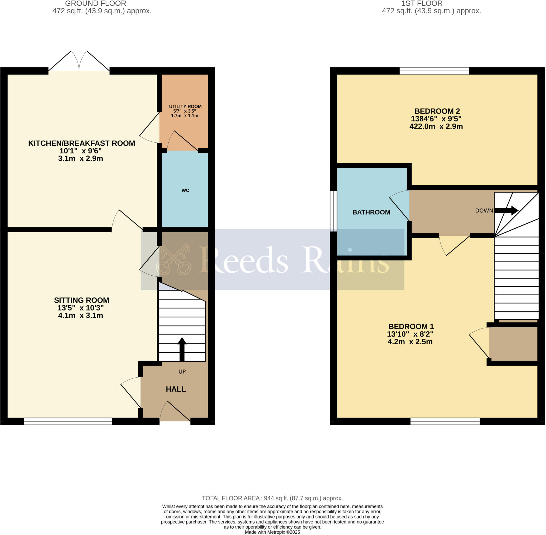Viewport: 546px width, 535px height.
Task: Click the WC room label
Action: (x=185, y=190)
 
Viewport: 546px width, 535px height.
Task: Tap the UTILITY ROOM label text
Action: (x=185, y=107)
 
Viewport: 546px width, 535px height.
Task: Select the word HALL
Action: (x=176, y=389)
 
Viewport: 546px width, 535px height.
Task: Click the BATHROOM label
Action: (x=371, y=213)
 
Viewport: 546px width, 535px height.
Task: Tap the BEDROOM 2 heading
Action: (x=437, y=111)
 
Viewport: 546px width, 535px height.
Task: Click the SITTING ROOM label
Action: (x=82, y=300)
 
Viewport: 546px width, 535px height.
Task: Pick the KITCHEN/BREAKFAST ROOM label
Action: (x=82, y=143)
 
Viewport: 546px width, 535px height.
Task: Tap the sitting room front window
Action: (x=68, y=421)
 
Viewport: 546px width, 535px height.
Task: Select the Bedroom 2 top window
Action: (x=434, y=71)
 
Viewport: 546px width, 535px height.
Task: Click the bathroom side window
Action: (x=333, y=211)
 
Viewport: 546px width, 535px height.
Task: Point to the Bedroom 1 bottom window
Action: (x=445, y=421)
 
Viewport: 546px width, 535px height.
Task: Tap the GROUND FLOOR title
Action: (x=96, y=3)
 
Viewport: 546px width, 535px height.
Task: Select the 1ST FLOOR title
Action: (x=422, y=3)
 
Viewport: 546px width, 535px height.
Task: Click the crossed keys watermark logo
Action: (x=174, y=259)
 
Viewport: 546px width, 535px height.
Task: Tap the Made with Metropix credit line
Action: (x=272, y=532)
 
